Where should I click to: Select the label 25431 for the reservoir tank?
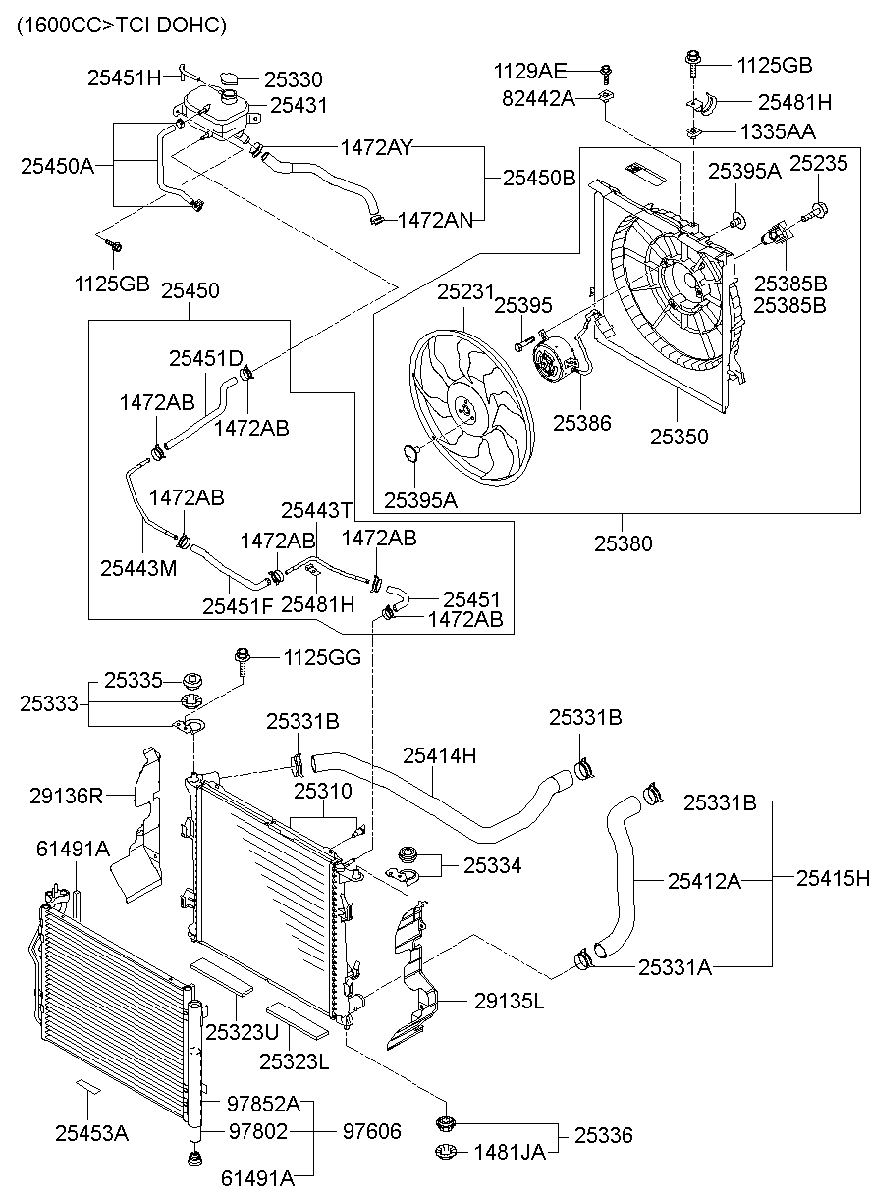[x=299, y=104]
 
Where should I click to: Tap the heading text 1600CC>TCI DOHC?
[x=121, y=25]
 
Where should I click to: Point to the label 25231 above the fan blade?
[x=462, y=291]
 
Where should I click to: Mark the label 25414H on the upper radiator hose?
[x=439, y=755]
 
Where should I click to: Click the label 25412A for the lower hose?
[x=704, y=881]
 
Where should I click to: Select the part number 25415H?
[x=832, y=879]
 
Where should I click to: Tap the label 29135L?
[x=509, y=1002]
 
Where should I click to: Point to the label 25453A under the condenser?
[x=91, y=1133]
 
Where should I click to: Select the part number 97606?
[x=371, y=1131]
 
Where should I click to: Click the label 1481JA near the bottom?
[x=510, y=1152]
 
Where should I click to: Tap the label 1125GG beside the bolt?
[x=322, y=657]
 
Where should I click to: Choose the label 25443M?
[x=138, y=567]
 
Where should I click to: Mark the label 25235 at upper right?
[x=818, y=163]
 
